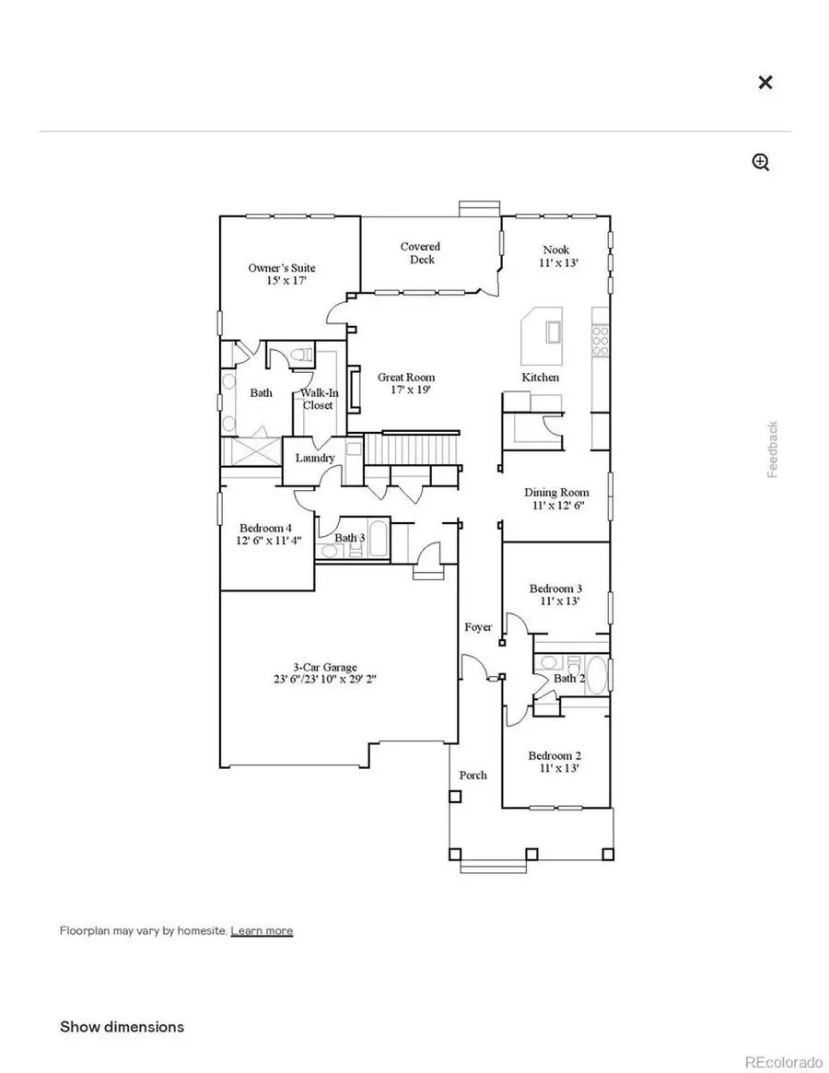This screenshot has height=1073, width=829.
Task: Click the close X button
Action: pyautogui.click(x=765, y=83)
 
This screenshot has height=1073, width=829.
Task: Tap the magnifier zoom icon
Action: pyautogui.click(x=761, y=163)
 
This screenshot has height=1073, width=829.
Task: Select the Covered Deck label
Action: pyautogui.click(x=420, y=253)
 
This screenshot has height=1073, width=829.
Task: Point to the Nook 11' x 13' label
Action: pyautogui.click(x=555, y=256)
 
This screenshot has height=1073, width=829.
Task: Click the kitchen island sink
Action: pyautogui.click(x=554, y=331)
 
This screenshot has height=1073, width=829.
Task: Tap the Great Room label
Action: pyautogui.click(x=406, y=383)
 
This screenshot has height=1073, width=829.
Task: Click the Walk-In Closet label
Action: pyautogui.click(x=318, y=399)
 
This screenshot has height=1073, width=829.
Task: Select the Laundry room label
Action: pyautogui.click(x=314, y=458)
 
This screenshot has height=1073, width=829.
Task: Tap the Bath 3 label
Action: pyautogui.click(x=349, y=538)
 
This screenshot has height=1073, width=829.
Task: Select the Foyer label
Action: pyautogui.click(x=478, y=627)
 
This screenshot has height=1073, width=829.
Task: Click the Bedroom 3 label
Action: pyautogui.click(x=555, y=594)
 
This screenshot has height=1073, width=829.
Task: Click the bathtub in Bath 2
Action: pyautogui.click(x=598, y=677)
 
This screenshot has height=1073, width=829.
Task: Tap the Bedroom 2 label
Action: pyautogui.click(x=555, y=762)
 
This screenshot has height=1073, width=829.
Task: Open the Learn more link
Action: pyautogui.click(x=262, y=930)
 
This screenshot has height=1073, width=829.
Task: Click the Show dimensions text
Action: pyautogui.click(x=122, y=1026)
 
